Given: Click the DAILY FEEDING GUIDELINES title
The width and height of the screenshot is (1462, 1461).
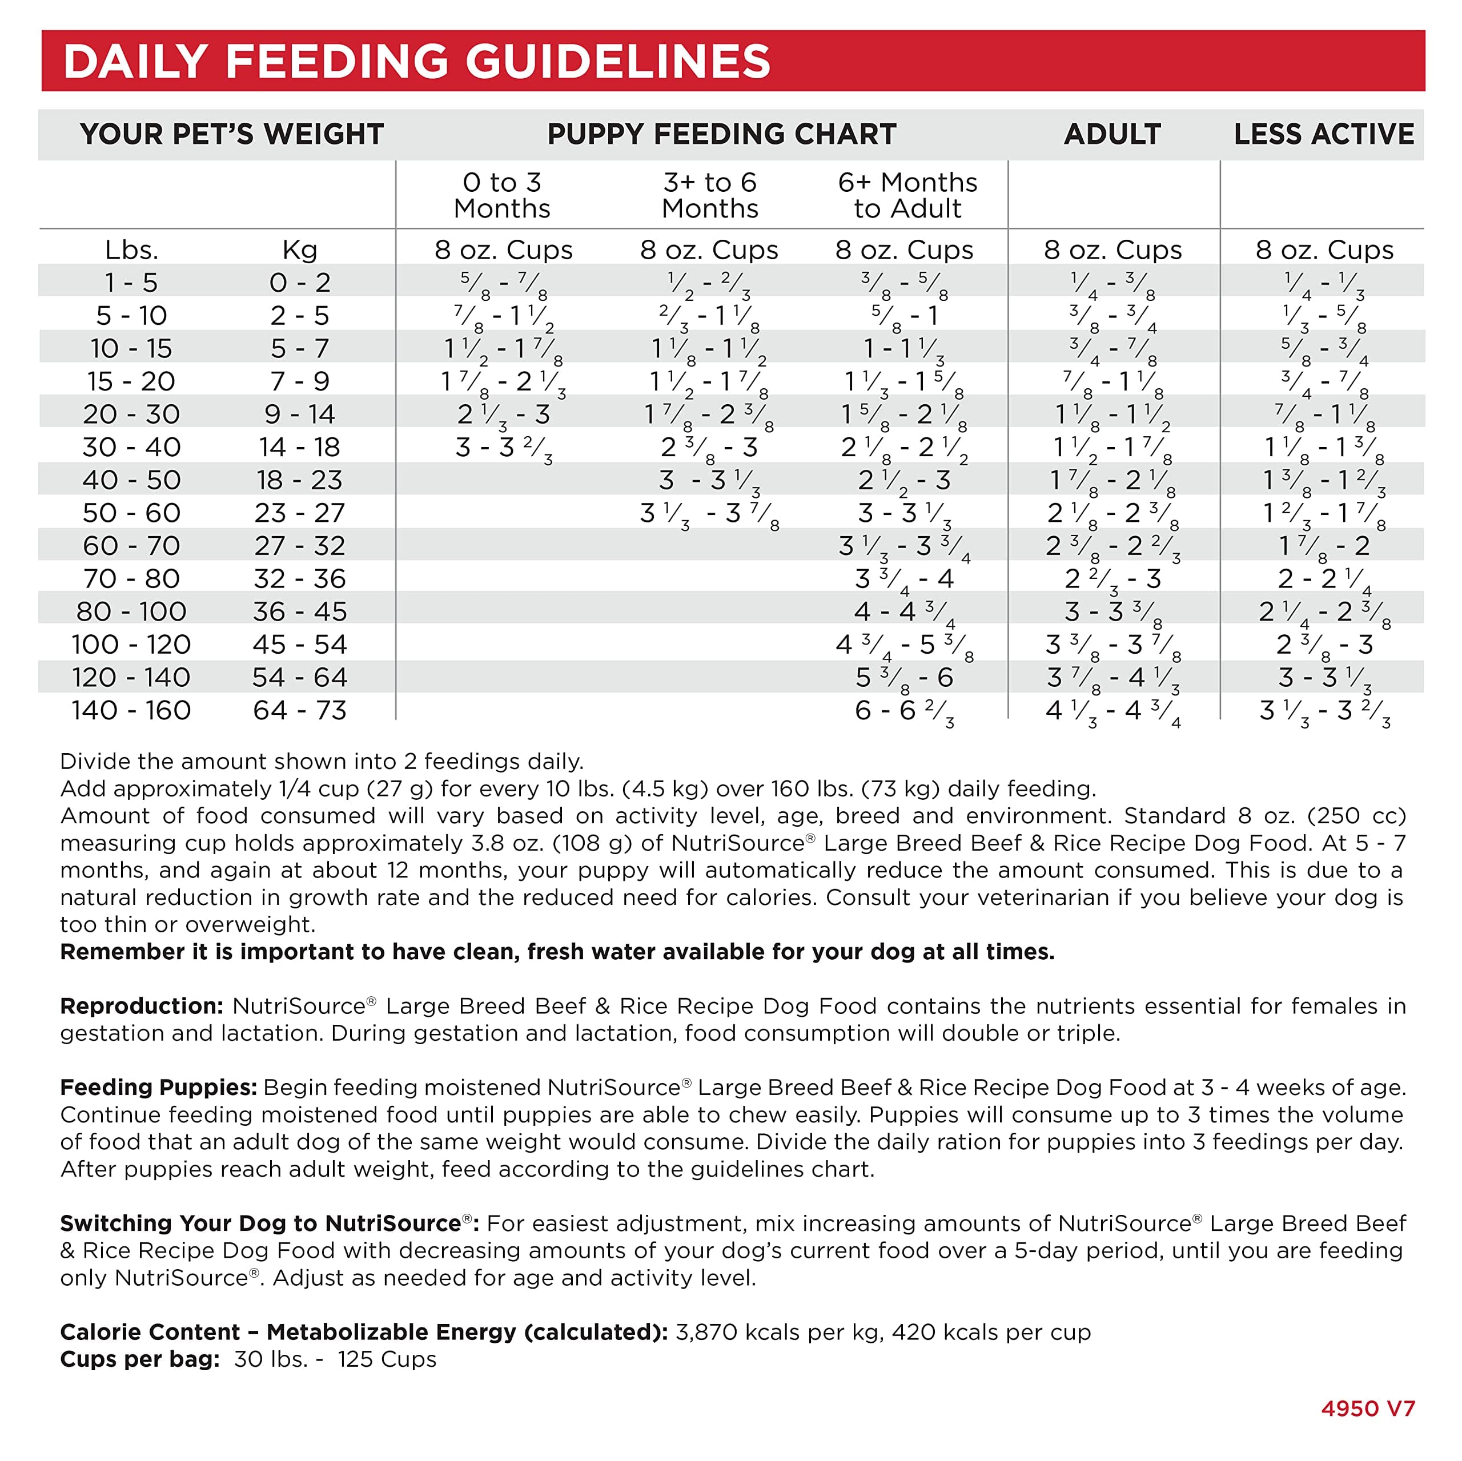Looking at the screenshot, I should coord(417,61).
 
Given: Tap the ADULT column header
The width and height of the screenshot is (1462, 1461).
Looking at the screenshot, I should coord(1112,134).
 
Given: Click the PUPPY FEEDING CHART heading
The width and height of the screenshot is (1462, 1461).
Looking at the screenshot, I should coord(722,134).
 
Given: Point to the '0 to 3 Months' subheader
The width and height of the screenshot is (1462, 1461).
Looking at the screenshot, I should coord(503,195).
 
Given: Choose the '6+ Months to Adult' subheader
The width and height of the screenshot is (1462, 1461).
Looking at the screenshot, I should coord(907,195).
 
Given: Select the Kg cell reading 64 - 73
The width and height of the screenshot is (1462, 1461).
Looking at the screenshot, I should coord(300,710).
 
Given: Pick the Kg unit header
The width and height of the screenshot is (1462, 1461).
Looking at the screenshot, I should coord(300,249).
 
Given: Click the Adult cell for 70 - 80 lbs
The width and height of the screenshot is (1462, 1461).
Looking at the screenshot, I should coord(1112,579).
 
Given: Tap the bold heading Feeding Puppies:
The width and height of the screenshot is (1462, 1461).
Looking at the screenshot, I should coord(159,1087).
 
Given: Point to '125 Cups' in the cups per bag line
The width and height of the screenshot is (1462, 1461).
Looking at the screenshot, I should coord(387,1359).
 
